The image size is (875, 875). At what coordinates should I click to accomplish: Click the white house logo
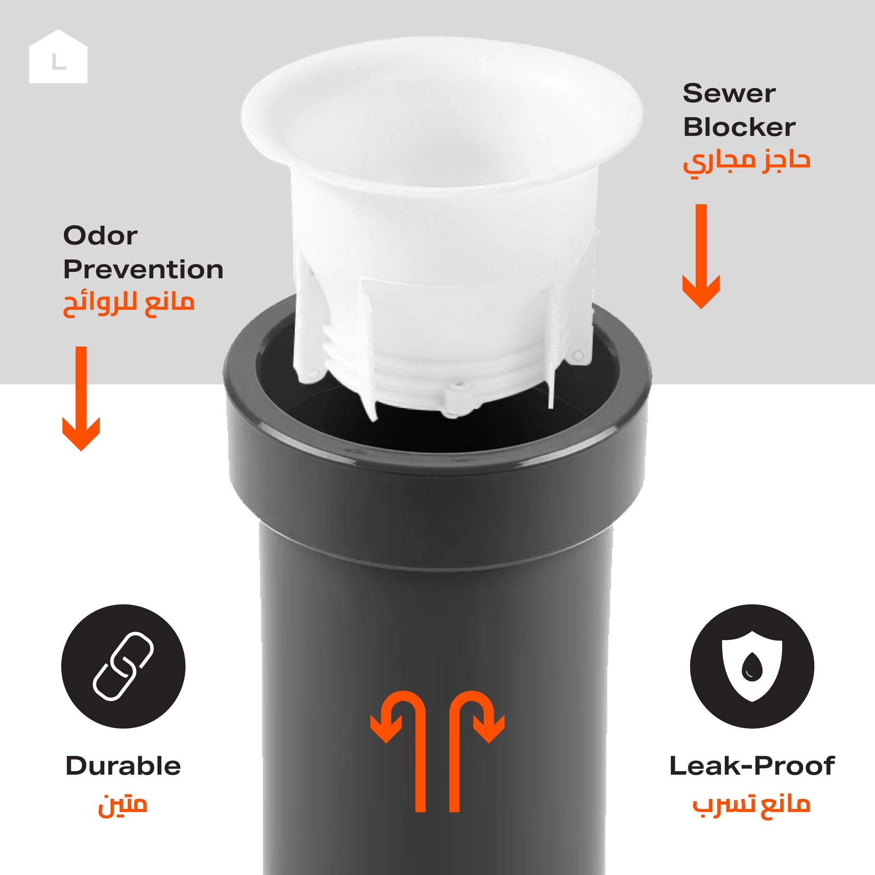[x=58, y=57]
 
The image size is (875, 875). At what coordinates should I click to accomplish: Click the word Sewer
[x=729, y=94]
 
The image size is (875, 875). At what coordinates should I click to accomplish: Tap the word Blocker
[x=739, y=127]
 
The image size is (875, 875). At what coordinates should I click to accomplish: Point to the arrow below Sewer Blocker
[x=701, y=256]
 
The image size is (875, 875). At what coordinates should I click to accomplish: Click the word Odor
[x=100, y=236]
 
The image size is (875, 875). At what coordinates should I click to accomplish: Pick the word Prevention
[x=143, y=270]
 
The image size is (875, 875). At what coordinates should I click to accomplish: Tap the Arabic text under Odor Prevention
[x=129, y=304]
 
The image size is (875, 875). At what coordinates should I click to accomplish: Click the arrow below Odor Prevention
[x=81, y=398]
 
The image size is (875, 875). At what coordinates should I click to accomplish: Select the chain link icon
[x=123, y=666]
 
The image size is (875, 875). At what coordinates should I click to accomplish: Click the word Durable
[x=123, y=766]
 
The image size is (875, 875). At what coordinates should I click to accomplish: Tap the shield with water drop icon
[x=752, y=666]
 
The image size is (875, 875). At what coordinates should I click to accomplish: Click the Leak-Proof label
[x=752, y=766]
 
